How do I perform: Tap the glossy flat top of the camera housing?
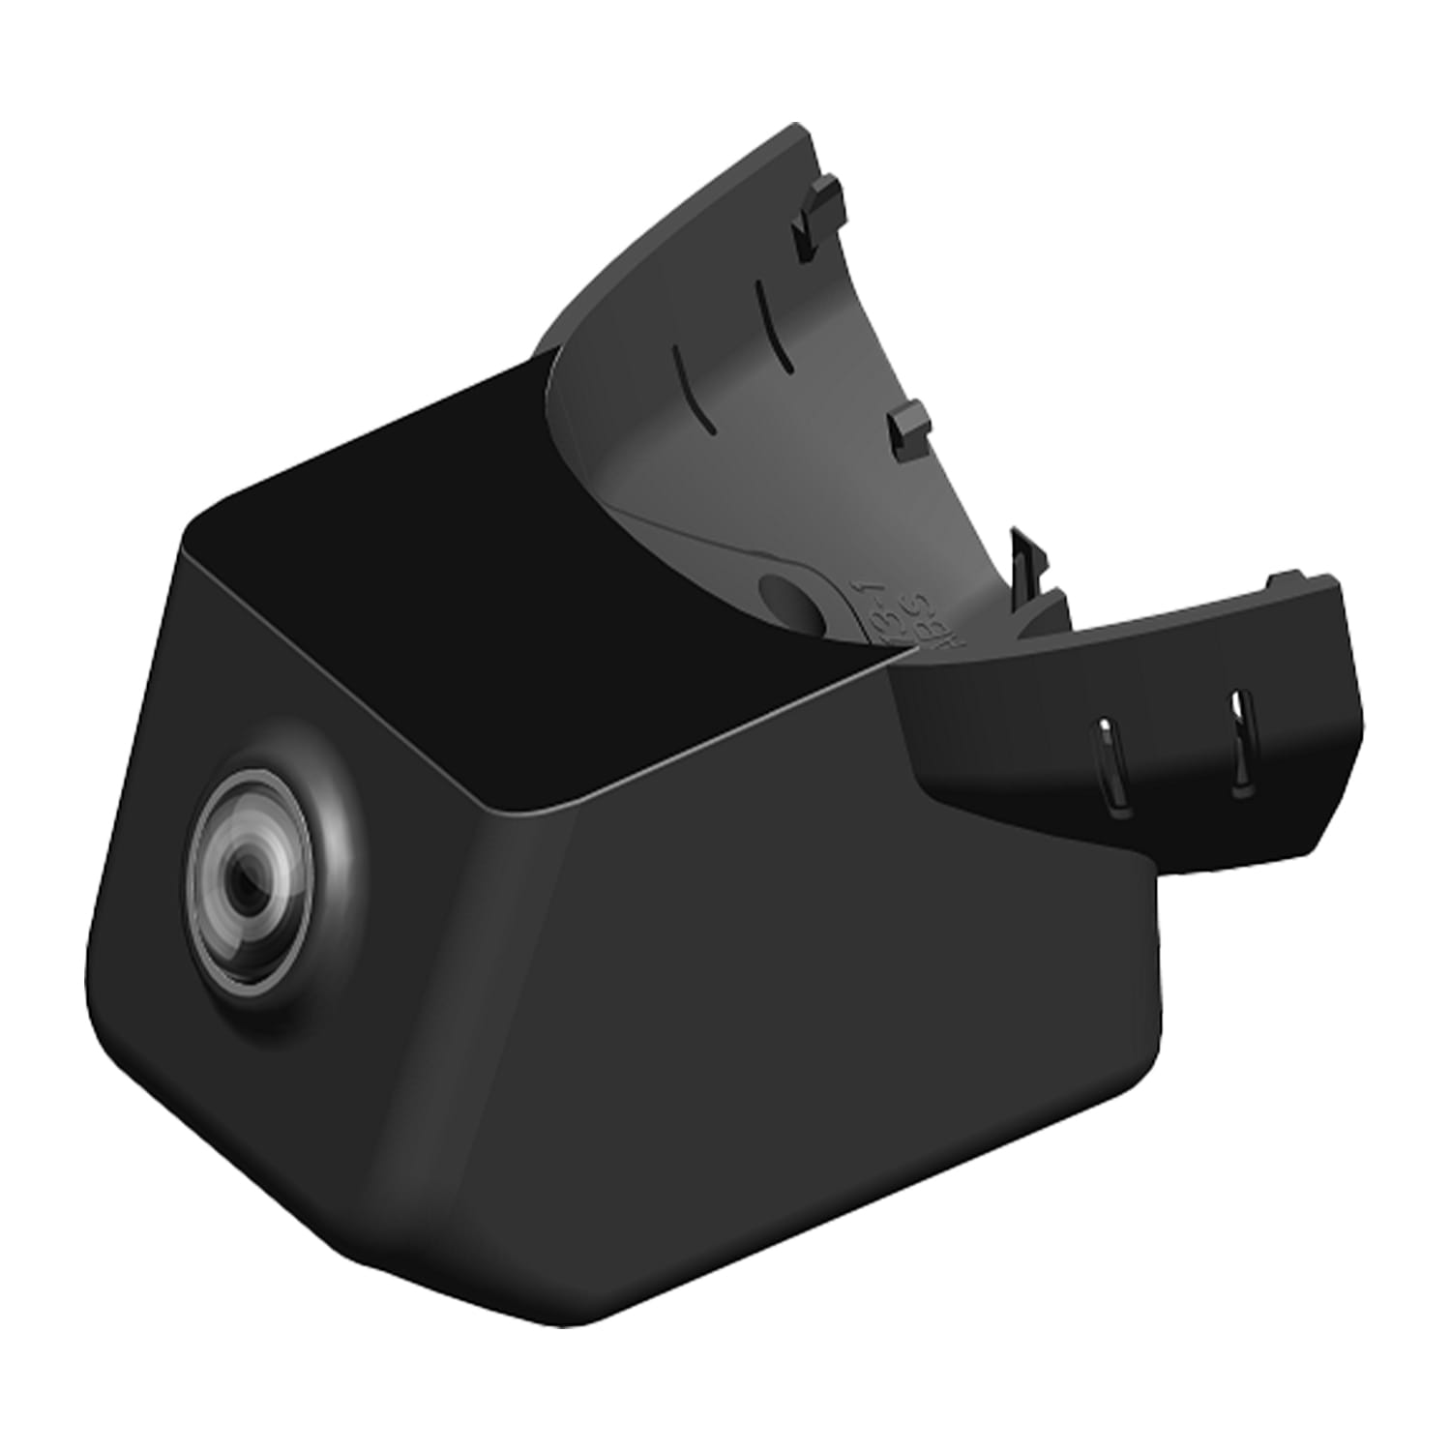click(542, 619)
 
